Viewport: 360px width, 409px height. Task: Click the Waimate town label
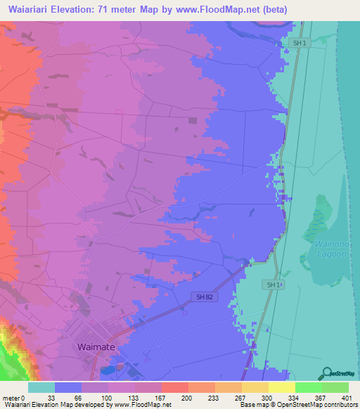(x=96, y=347)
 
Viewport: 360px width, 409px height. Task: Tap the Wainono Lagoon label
(x=323, y=248)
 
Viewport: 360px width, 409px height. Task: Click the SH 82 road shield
(x=201, y=298)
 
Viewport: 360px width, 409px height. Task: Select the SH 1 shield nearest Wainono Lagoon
(x=274, y=285)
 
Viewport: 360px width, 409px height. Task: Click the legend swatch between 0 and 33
(x=41, y=387)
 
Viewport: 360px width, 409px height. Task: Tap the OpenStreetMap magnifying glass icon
(x=327, y=373)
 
